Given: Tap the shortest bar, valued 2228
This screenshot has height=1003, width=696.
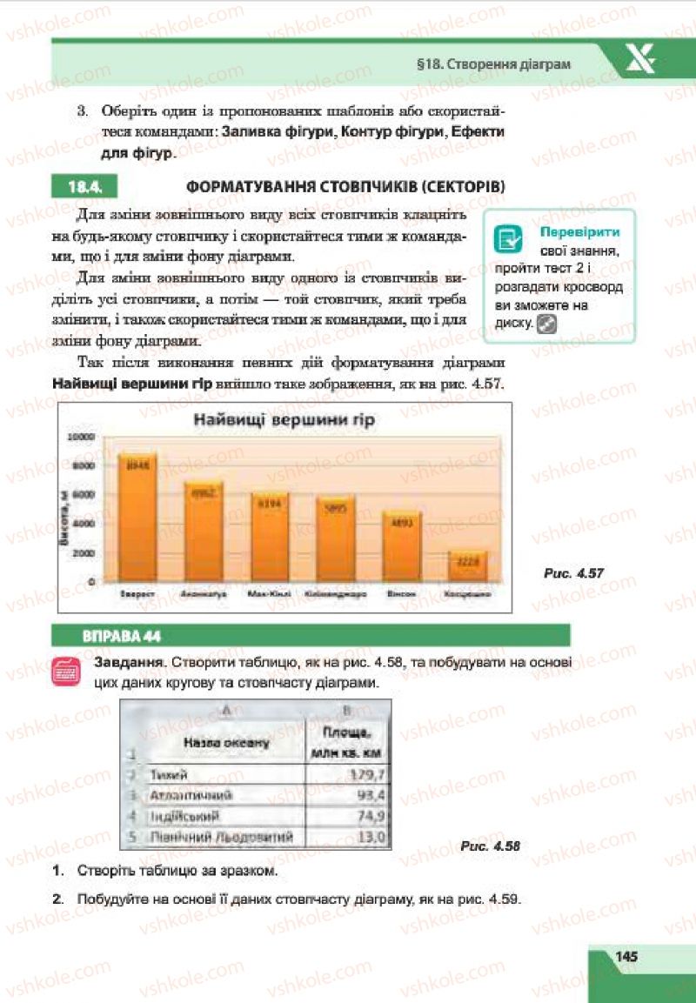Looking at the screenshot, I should (x=467, y=565).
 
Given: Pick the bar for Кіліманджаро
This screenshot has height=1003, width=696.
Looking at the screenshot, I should (x=336, y=538).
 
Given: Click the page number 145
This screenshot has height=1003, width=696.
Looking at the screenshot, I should (x=626, y=956).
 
